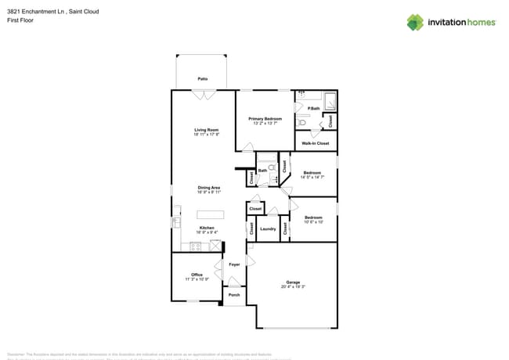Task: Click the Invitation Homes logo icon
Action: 415,22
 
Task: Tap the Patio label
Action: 202,79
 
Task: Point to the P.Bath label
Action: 312,108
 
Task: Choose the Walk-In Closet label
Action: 315,143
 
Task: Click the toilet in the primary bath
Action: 301,123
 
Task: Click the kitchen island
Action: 210,214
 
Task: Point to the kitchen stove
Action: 195,247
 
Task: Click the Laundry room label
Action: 268,229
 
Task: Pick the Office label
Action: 197,275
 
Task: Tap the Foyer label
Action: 234,265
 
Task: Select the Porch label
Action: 234,295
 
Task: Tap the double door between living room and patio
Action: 203,95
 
